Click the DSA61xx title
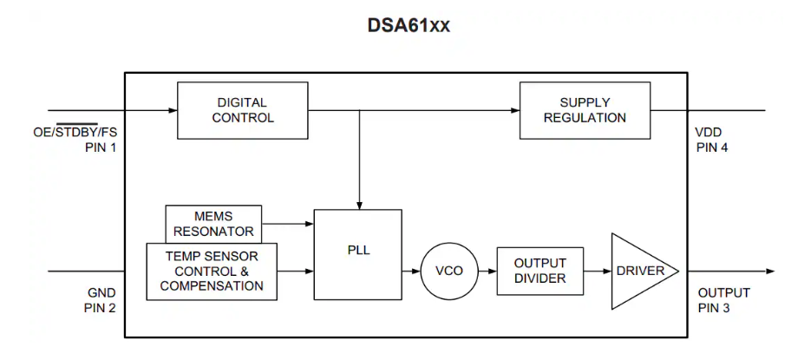pos(409,26)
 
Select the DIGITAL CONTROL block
pos(242,110)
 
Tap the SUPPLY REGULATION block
pos(585,110)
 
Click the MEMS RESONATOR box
pos(213,222)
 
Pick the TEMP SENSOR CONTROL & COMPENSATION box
pos(212,272)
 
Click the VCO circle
pos(448,271)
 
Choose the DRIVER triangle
pos(639,271)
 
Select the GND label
pos(101,293)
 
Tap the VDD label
pos(709,133)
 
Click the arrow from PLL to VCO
pos(412,271)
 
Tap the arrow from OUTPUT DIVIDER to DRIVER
pos(597,271)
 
